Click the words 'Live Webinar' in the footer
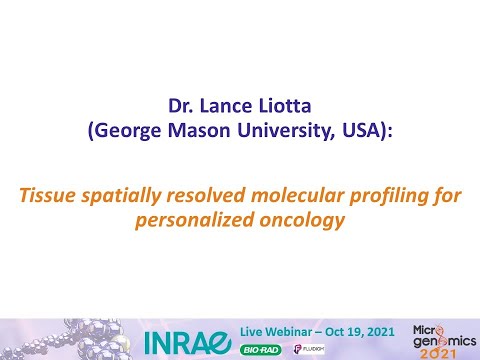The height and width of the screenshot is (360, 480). click(266, 329)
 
